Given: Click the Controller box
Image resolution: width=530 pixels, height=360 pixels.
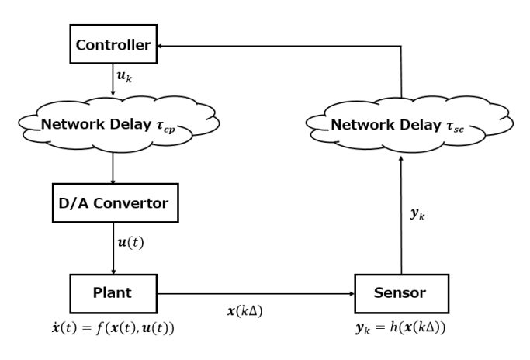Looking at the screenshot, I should click(x=113, y=46).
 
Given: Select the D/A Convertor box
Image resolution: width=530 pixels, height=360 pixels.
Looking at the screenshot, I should click(x=115, y=204).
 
